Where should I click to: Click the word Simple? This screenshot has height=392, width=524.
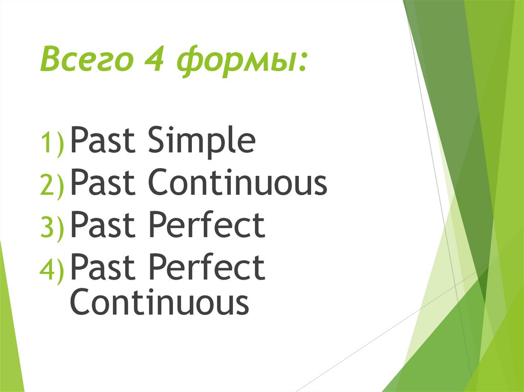[x=202, y=143]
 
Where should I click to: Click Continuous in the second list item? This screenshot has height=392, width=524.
[x=237, y=185]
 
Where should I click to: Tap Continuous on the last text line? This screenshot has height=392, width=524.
[x=159, y=303]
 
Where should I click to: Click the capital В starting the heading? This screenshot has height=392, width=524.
[x=50, y=61]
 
